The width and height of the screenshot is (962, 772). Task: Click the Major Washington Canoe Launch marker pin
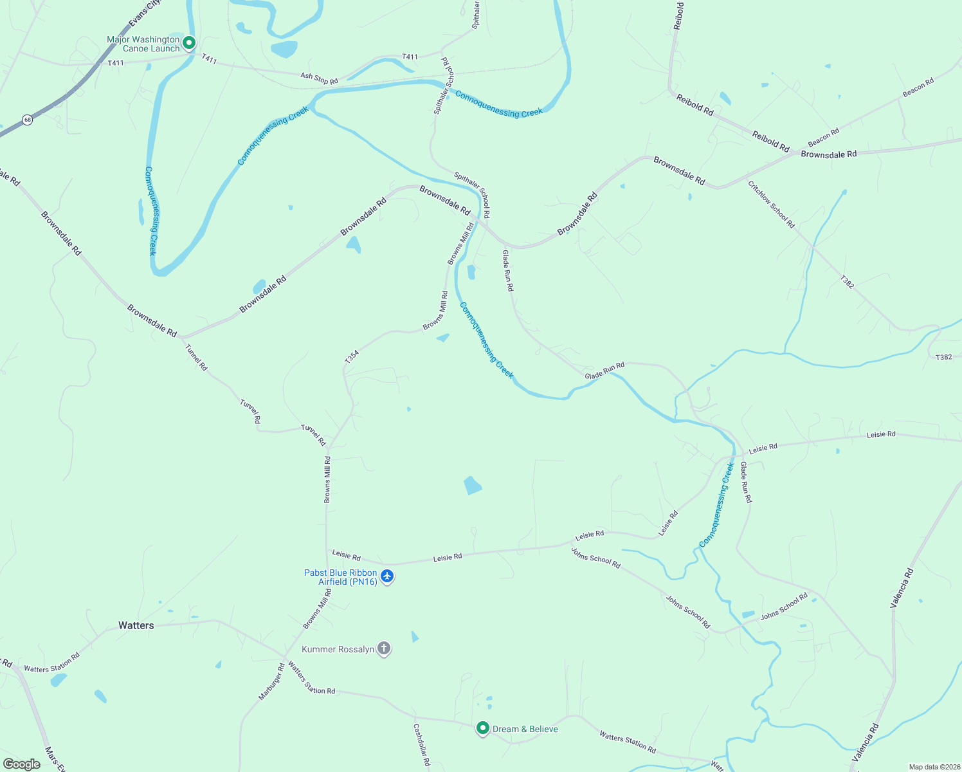point(189,43)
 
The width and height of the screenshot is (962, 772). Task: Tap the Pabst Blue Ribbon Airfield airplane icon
point(386,576)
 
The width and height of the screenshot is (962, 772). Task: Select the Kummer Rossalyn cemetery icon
point(384,648)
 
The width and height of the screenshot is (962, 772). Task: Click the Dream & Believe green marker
point(483,728)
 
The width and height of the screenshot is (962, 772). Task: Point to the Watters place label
point(136,625)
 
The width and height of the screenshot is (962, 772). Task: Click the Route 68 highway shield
point(27,120)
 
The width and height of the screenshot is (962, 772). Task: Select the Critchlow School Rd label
point(771,204)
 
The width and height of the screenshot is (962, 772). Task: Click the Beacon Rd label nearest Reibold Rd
point(824,137)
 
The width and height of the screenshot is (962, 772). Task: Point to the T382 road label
point(847,281)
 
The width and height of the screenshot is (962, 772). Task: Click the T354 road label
point(351,357)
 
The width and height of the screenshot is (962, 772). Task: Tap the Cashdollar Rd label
point(422,744)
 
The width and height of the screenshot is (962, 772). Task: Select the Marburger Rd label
point(271,682)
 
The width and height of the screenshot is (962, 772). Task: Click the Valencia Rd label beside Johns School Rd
point(902,587)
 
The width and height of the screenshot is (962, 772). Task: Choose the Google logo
point(22,764)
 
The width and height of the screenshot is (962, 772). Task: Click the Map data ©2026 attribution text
point(933,767)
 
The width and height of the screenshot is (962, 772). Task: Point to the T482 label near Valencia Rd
point(943,357)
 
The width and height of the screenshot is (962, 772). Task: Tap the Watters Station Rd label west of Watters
point(52,663)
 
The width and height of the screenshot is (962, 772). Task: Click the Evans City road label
point(144,14)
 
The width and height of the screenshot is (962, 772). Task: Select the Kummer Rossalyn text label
point(338,649)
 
